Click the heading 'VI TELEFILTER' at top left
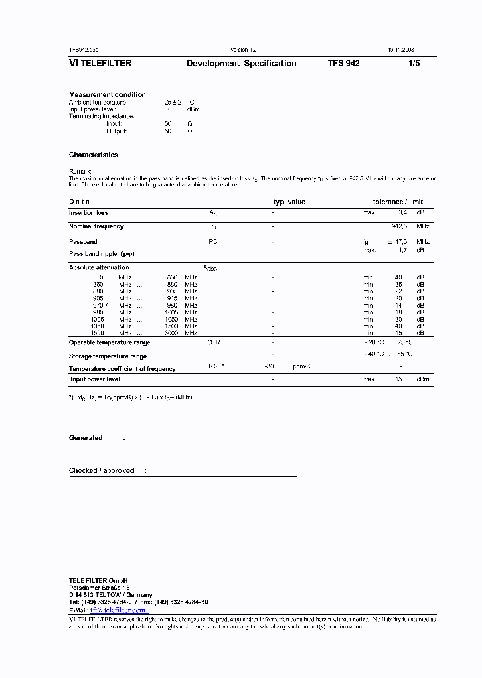point(100,64)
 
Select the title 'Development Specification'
point(241,64)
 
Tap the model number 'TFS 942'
point(344,64)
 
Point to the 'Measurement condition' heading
point(107,94)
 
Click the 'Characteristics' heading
point(93,155)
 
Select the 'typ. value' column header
point(289,202)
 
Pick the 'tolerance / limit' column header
point(398,202)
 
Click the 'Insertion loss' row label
point(88,213)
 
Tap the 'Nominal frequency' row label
point(96,226)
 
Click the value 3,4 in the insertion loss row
point(402,213)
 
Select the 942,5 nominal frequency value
point(400,226)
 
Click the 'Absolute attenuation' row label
point(98,267)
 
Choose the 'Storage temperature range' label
point(107,356)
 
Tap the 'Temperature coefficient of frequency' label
point(122,369)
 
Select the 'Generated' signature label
point(86,438)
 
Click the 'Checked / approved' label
point(101,471)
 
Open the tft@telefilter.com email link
point(118,610)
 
